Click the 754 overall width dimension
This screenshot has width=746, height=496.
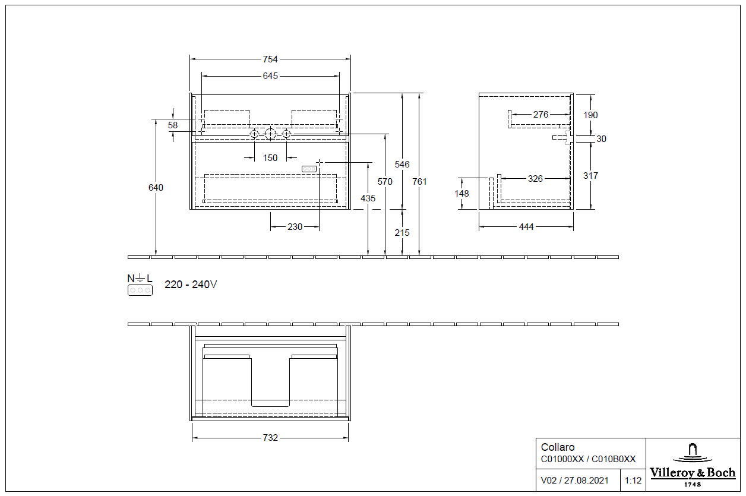click(270, 59)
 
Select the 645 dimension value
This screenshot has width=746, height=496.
click(270, 76)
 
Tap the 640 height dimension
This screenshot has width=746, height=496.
click(156, 188)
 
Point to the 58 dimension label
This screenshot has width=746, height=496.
click(173, 125)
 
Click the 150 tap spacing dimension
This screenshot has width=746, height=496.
click(270, 158)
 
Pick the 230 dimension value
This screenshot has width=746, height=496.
click(295, 227)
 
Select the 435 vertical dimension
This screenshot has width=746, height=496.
click(368, 198)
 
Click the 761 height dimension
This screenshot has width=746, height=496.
click(419, 182)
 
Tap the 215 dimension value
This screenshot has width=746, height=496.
click(402, 233)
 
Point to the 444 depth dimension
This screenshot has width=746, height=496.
click(526, 227)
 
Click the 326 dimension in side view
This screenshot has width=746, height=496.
click(535, 178)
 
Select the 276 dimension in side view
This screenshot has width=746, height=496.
click(540, 115)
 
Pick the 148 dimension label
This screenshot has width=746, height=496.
click(461, 194)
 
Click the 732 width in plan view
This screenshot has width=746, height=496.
click(270, 438)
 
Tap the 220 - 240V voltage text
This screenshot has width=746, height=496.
click(191, 285)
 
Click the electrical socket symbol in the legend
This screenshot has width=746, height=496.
click(140, 290)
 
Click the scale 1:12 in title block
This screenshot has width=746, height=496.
click(633, 480)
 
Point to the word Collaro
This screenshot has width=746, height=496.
click(558, 447)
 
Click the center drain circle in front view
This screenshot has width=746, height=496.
click(270, 134)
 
